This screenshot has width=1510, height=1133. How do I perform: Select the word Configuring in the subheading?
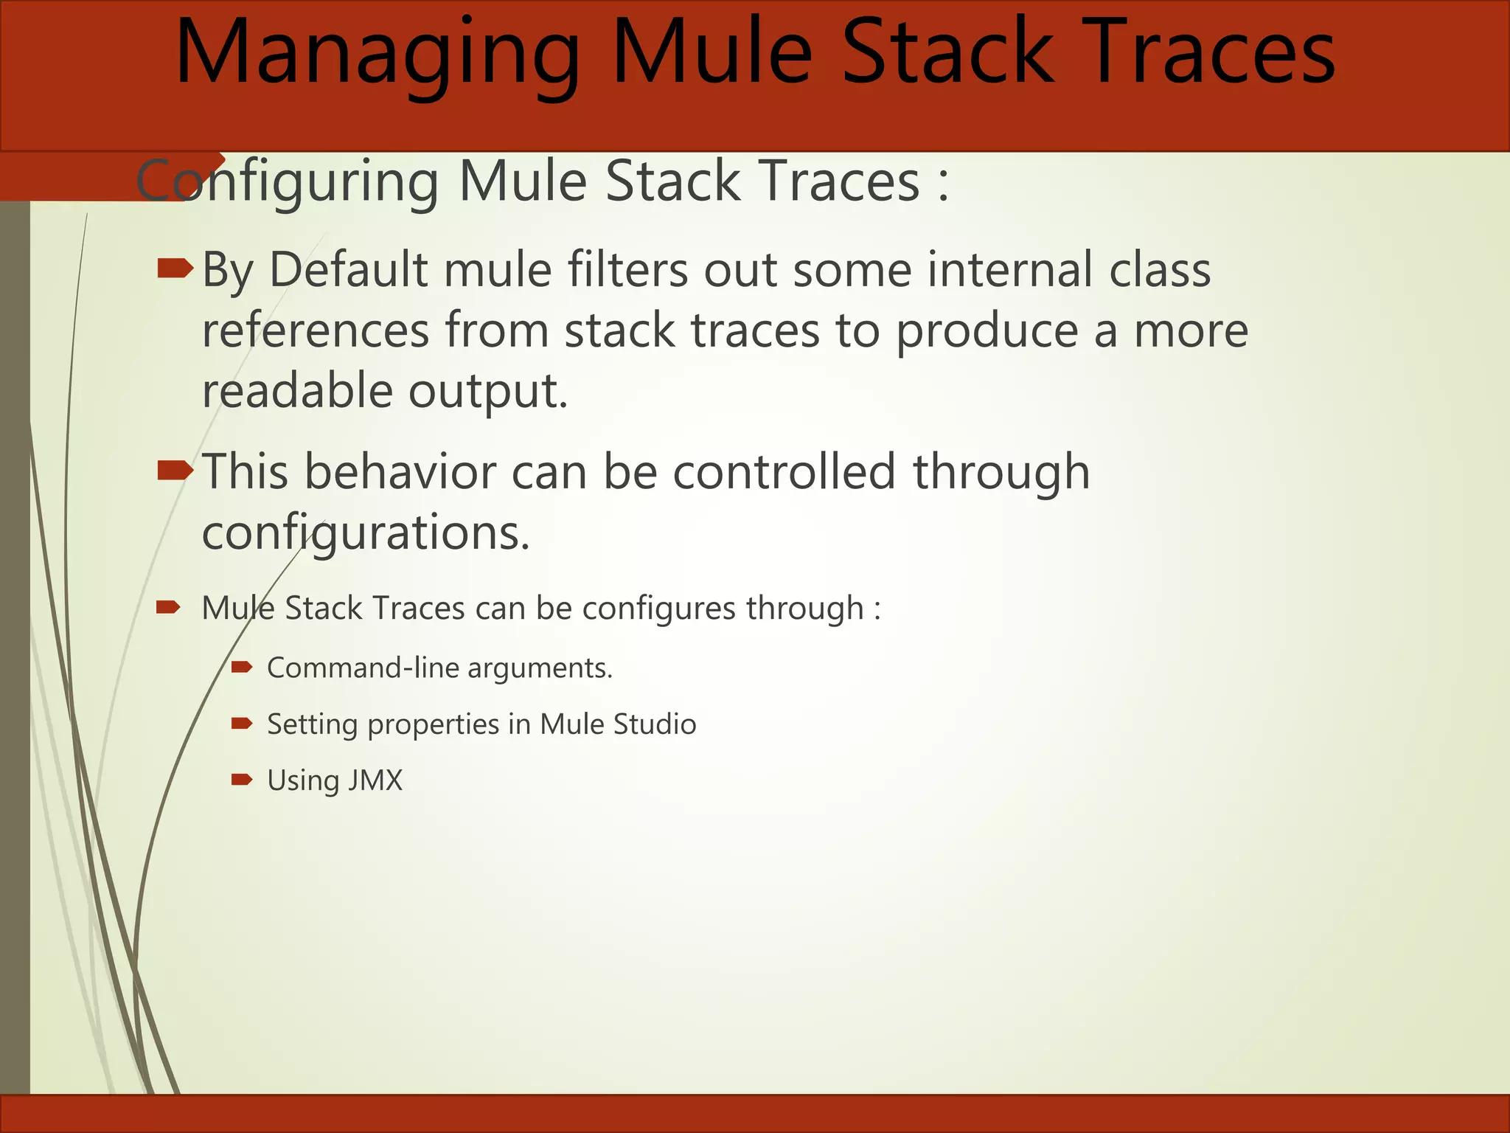tap(288, 182)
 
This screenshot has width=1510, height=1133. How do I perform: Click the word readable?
tap(297, 391)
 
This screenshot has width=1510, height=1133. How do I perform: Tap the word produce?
tap(987, 330)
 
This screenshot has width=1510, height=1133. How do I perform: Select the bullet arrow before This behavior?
tap(175, 470)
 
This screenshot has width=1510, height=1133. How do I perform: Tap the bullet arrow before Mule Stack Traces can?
tap(168, 608)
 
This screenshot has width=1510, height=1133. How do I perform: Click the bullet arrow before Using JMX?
tap(241, 780)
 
